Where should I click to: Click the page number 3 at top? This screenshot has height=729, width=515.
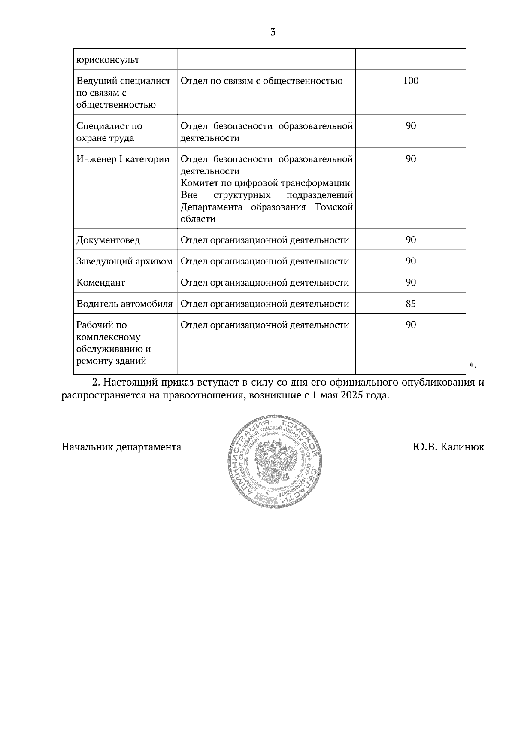click(273, 32)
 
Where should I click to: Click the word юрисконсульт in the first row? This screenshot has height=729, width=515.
click(108, 60)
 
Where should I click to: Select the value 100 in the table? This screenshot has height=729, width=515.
click(411, 81)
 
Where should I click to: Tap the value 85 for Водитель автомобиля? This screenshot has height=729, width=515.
click(411, 304)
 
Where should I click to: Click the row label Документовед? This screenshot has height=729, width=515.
click(108, 240)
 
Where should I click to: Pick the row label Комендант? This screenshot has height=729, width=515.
click(101, 282)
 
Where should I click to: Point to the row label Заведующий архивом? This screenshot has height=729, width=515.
click(124, 261)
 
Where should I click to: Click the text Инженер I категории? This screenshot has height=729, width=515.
click(123, 159)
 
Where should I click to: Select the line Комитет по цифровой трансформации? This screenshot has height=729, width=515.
click(265, 183)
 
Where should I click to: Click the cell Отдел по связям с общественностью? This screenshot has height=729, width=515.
click(261, 81)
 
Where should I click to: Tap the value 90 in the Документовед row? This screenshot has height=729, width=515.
click(411, 240)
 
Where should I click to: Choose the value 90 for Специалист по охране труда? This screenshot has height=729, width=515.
click(411, 126)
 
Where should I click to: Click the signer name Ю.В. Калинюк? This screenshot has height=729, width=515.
click(448, 447)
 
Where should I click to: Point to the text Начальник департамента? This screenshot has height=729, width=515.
click(121, 447)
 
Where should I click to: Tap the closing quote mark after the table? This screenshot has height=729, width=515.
click(472, 365)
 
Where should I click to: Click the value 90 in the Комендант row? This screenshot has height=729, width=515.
click(411, 282)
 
